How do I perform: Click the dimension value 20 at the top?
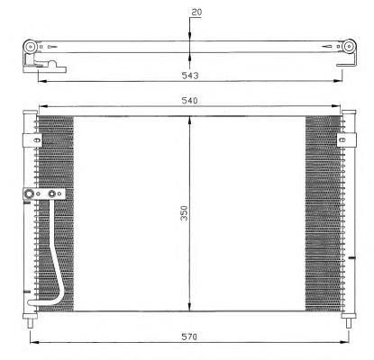click(196, 13)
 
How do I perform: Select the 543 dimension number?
click(190, 76)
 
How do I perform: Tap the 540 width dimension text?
click(189, 101)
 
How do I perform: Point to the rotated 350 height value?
click(184, 213)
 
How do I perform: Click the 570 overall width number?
click(189, 337)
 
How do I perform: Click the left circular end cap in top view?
click(31, 47)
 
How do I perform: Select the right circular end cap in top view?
click(349, 47)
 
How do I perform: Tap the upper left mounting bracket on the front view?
click(32, 140)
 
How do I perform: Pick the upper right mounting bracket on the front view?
click(346, 139)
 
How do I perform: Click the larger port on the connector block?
click(29, 193)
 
